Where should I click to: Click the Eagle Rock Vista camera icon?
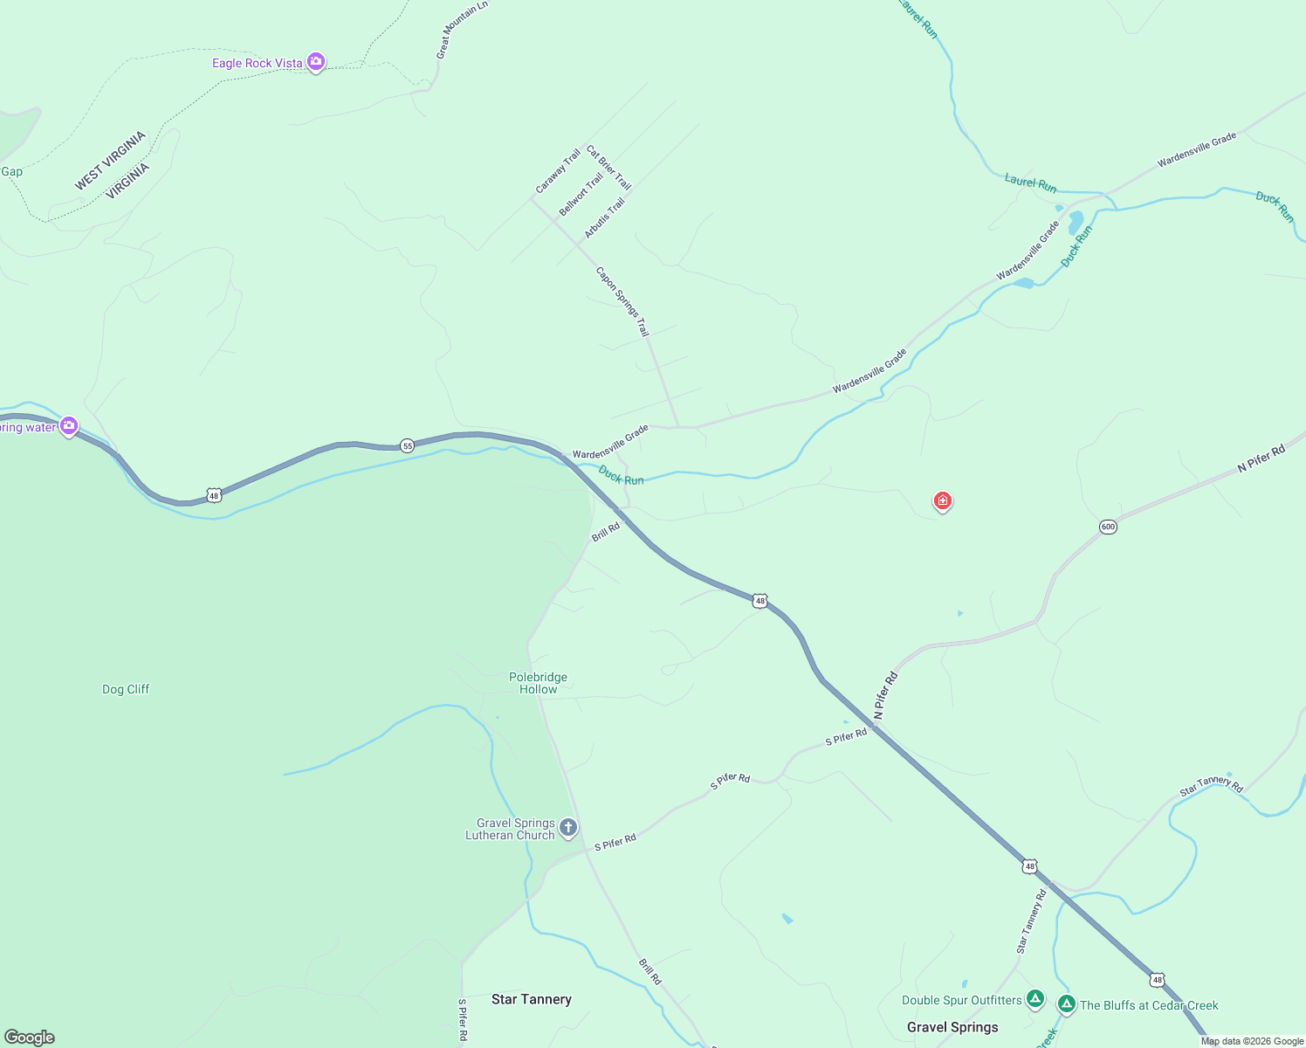pos(316,62)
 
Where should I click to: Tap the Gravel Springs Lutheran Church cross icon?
pos(568,827)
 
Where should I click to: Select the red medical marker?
pos(942,501)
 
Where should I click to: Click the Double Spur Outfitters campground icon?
pos(1034,998)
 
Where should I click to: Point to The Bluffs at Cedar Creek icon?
pos(1066,1004)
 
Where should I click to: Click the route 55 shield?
pos(408,446)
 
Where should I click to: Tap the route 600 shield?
pos(1108,527)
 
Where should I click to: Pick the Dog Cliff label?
pos(126,689)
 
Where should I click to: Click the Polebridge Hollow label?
pos(538,683)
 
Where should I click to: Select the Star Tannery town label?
pos(531,999)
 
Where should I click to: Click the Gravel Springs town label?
pos(952,1027)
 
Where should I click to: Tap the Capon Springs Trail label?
pos(622,301)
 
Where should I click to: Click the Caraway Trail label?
pos(558,172)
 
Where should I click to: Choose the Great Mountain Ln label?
pos(461,30)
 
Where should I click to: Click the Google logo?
pos(29,1038)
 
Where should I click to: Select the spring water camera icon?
pos(69,426)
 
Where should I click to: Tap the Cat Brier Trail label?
pos(608,168)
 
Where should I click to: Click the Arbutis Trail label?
pos(604,218)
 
